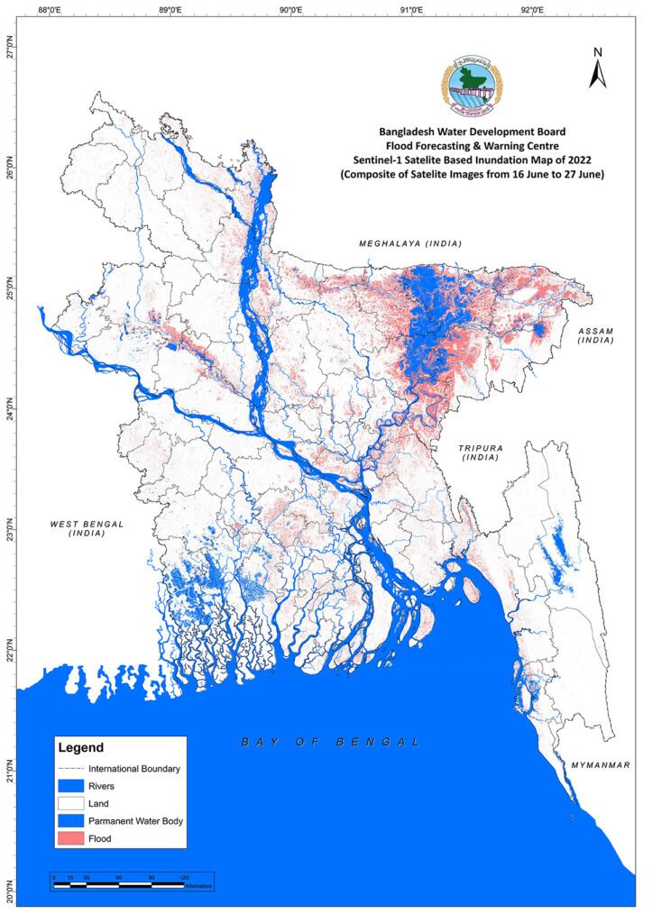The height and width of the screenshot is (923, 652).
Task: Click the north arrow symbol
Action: (x=597, y=69)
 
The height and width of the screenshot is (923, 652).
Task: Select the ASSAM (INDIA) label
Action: (x=596, y=336)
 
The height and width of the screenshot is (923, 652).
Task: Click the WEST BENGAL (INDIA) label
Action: (x=87, y=528)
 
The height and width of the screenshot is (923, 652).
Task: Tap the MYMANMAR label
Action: (x=600, y=765)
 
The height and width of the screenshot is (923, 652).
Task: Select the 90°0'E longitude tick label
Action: (x=290, y=11)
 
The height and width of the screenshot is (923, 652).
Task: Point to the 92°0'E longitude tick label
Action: (x=532, y=11)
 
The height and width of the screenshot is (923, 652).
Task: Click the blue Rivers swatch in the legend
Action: (x=70, y=786)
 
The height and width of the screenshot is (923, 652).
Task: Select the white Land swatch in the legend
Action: (x=70, y=803)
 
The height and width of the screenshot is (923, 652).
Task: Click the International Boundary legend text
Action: (x=134, y=769)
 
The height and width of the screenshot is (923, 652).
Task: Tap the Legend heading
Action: (x=81, y=747)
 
